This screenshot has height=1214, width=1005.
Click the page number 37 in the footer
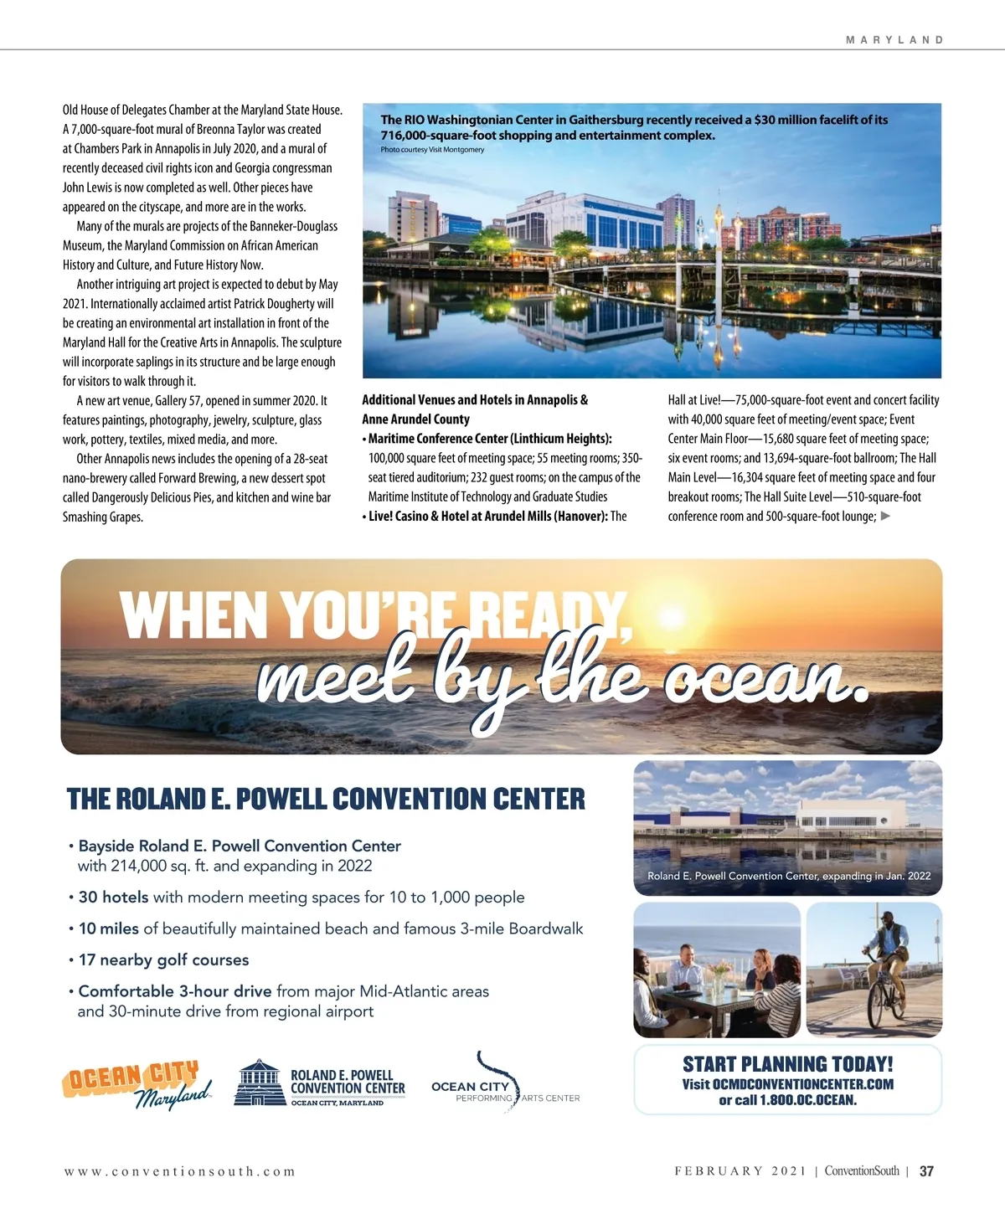[926, 1171]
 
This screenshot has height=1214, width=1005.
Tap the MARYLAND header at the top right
[894, 40]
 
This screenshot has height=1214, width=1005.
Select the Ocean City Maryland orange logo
[136, 1083]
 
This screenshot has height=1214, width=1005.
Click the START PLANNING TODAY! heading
[787, 1064]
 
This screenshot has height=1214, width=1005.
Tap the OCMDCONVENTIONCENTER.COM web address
[802, 1084]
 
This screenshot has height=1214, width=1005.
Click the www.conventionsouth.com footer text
[180, 1171]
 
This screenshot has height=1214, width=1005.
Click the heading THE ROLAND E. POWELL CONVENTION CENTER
[326, 800]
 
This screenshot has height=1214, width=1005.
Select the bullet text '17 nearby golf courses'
[163, 960]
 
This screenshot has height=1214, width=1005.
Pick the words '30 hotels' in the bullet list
[113, 898]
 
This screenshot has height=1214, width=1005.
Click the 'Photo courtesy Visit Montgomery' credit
[432, 150]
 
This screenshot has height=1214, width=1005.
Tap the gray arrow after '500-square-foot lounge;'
[886, 516]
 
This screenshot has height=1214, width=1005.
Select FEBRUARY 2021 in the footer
[740, 1171]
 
